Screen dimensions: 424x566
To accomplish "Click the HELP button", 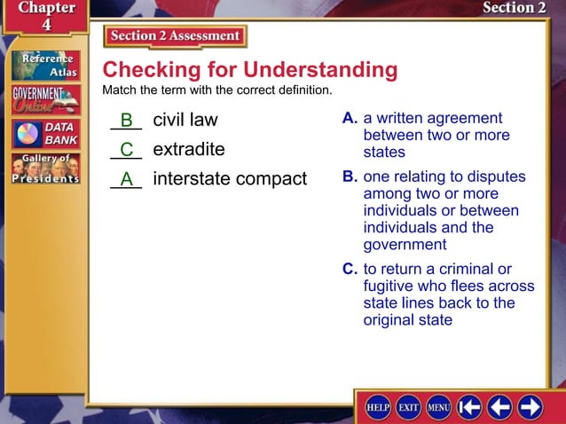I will point(381,406).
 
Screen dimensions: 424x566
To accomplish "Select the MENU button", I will point(438,406).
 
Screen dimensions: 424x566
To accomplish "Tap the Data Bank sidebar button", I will point(44,134).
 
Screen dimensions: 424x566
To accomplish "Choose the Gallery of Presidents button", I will point(44,169).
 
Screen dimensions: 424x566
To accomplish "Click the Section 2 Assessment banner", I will point(175,36).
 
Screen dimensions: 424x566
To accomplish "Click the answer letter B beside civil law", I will point(127,120).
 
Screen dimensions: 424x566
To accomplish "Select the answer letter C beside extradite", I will point(127,149).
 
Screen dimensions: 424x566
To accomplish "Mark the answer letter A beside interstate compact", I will point(127,179).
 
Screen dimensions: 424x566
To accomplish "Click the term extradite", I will point(189,149).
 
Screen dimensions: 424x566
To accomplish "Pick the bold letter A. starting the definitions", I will point(350,119).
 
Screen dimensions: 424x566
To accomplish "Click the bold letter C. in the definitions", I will point(350,269).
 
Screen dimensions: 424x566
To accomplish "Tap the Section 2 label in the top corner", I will point(514,8).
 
